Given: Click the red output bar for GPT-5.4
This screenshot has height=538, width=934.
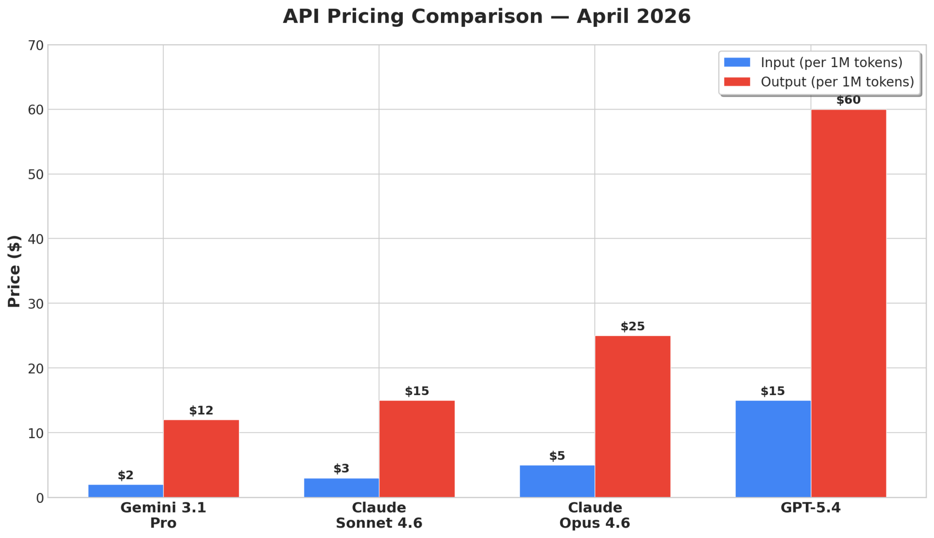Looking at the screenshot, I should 848,303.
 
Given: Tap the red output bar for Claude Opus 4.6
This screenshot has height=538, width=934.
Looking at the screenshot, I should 633,416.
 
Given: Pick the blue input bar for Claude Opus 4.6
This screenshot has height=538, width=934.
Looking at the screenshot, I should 557,481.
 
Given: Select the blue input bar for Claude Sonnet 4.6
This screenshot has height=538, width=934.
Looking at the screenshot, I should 341,487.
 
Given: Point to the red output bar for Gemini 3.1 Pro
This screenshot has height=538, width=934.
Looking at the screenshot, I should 201,458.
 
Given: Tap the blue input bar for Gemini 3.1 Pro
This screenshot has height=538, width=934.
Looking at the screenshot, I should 125,491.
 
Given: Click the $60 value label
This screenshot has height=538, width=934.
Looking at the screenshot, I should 848,100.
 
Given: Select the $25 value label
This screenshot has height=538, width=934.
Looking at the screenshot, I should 633,326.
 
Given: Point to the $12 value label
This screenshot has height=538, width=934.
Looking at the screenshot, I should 201,410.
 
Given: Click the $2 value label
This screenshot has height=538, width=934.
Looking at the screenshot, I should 125,475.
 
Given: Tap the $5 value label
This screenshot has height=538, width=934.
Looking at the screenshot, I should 557,455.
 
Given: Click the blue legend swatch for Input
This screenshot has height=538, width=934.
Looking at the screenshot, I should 737,63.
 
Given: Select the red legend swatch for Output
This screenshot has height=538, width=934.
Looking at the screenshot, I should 737,82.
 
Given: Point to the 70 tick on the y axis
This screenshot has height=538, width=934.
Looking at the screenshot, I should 36,46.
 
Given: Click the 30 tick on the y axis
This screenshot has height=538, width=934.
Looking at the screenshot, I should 36,304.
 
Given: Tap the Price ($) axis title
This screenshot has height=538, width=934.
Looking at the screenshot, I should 15,271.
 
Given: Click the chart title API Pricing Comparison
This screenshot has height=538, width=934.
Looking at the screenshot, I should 487,16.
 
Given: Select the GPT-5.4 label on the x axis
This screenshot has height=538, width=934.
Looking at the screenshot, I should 810,507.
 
